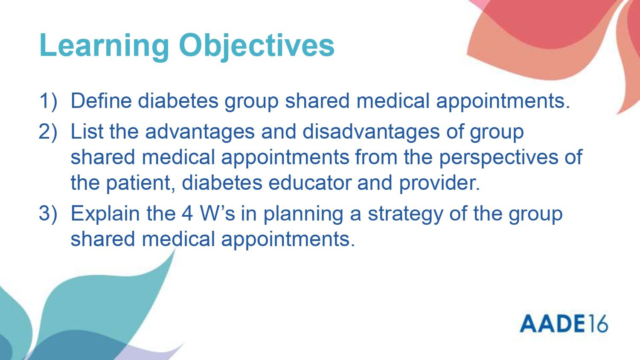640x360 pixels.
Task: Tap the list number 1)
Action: coord(48,101)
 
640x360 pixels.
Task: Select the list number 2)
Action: coord(48,132)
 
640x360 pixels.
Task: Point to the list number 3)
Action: coord(48,214)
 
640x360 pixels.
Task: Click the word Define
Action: coord(101,100)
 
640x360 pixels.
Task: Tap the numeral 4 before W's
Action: coord(187,213)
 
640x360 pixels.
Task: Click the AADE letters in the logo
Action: coord(552,323)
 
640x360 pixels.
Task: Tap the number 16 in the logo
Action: coord(597,323)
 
